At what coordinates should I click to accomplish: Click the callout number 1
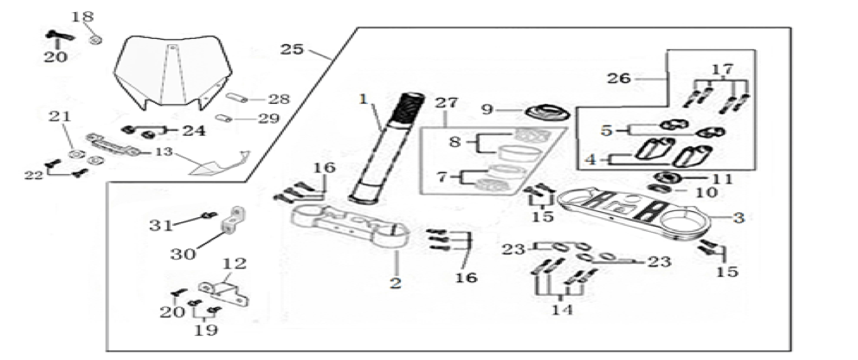(x=364, y=100)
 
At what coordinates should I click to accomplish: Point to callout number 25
(x=292, y=49)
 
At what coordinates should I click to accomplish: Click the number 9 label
(x=487, y=109)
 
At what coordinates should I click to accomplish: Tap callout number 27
(x=445, y=102)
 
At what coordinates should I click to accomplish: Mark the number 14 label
(x=562, y=309)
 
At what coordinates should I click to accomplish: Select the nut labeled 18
(x=97, y=37)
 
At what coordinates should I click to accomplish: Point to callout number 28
(x=278, y=99)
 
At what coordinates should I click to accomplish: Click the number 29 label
(x=269, y=118)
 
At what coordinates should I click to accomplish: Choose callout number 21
(x=58, y=118)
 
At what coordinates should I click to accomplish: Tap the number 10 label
(x=706, y=192)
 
